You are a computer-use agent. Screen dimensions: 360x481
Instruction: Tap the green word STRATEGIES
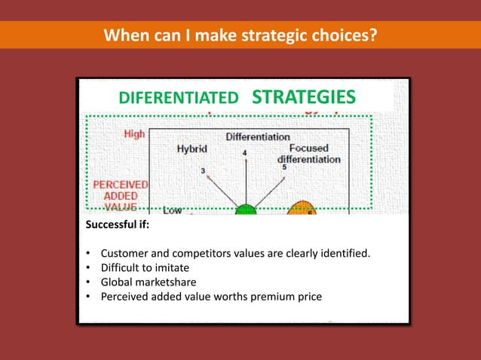[302, 97]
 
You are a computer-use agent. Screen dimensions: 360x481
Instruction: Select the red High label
[134, 134]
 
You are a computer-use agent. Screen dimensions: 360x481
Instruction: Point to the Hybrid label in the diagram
[192, 149]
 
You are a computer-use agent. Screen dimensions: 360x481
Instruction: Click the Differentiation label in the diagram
[258, 137]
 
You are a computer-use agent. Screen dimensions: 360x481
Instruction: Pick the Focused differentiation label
[308, 154]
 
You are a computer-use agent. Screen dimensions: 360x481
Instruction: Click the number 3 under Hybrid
[203, 171]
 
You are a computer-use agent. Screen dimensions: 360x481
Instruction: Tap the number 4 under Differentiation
[244, 153]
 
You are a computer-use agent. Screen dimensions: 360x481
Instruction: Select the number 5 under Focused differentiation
[284, 167]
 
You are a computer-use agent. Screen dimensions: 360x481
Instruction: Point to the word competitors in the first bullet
[205, 253]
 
